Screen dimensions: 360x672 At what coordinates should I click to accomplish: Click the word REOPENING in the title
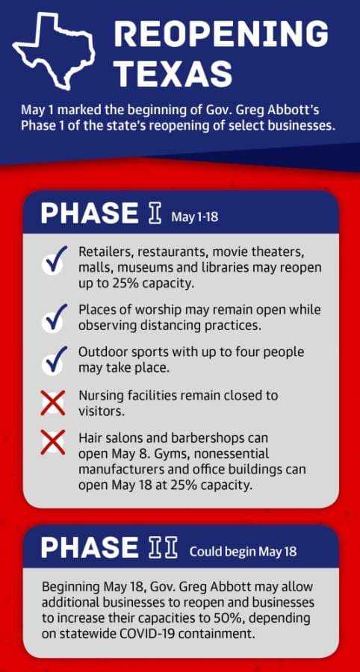tap(221, 34)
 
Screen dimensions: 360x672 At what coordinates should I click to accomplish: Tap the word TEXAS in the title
tap(173, 73)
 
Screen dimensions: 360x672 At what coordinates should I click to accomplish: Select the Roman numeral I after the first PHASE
tap(156, 214)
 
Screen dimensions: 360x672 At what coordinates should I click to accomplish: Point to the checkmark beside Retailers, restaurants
tap(55, 260)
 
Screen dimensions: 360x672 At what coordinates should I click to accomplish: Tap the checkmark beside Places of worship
tap(55, 317)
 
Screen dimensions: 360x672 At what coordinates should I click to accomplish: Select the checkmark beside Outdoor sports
tap(55, 361)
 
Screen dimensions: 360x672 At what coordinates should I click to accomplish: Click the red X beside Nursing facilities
tap(53, 403)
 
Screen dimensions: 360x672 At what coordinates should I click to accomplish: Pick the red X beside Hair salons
tap(53, 443)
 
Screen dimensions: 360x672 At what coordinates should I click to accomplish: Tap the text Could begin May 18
tap(243, 551)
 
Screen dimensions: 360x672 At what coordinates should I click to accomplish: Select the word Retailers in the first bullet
tap(102, 252)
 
